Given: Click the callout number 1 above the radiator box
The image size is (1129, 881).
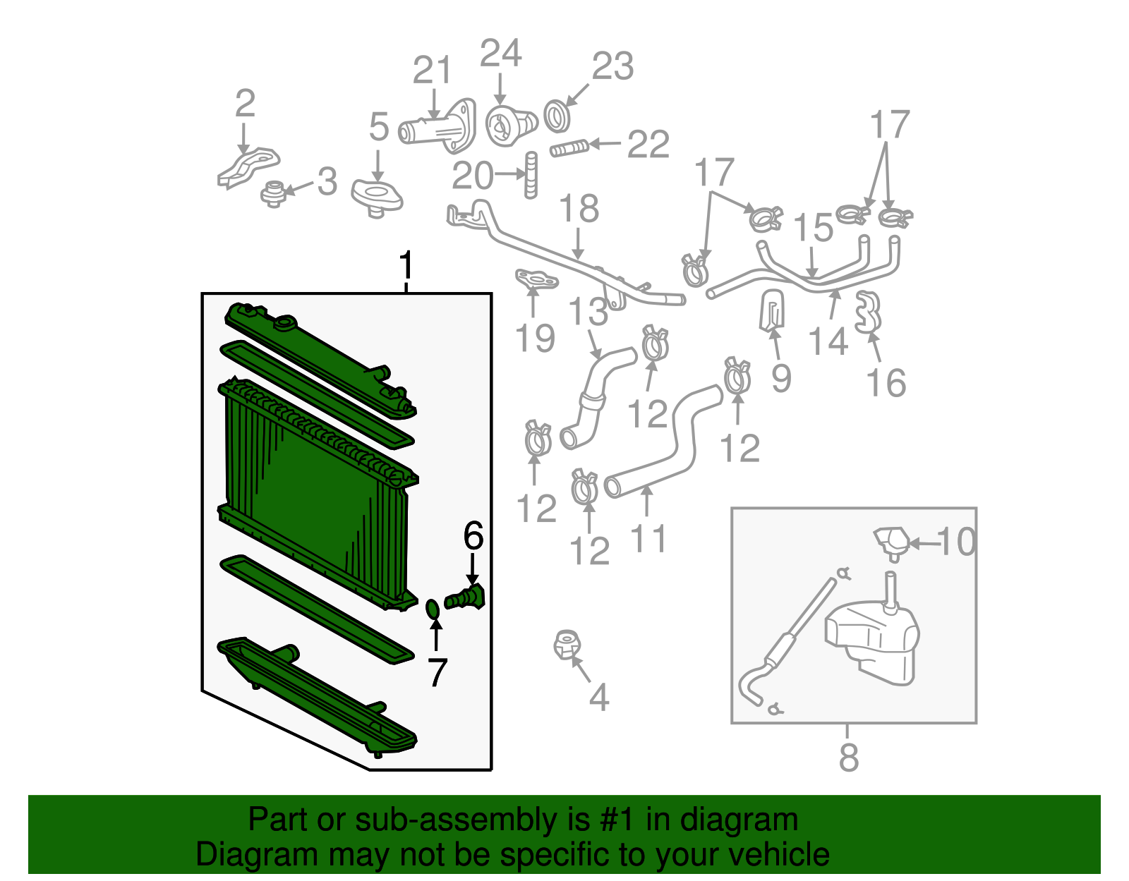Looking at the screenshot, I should (x=405, y=266).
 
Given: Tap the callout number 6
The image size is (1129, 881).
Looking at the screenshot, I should (x=473, y=536).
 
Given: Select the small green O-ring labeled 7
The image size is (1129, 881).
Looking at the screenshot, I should (x=433, y=607).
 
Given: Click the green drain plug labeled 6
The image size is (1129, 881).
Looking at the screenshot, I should (x=466, y=597).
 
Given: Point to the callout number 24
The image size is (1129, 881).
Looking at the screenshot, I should (x=500, y=54).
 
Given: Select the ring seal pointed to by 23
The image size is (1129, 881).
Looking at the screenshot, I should (x=557, y=116).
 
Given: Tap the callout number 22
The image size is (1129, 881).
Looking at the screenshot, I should (x=648, y=145).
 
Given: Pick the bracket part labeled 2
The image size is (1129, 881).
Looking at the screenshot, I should (x=248, y=168).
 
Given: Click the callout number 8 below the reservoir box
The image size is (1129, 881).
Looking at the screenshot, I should (x=849, y=758).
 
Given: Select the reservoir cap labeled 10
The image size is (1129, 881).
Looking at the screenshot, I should (x=891, y=542).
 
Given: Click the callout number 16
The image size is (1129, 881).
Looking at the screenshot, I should (x=886, y=383).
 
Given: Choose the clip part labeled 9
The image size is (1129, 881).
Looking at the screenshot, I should (x=773, y=310).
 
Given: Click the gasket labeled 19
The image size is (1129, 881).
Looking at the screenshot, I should (x=536, y=281).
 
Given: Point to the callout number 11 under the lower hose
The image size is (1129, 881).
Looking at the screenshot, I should (x=648, y=539).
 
